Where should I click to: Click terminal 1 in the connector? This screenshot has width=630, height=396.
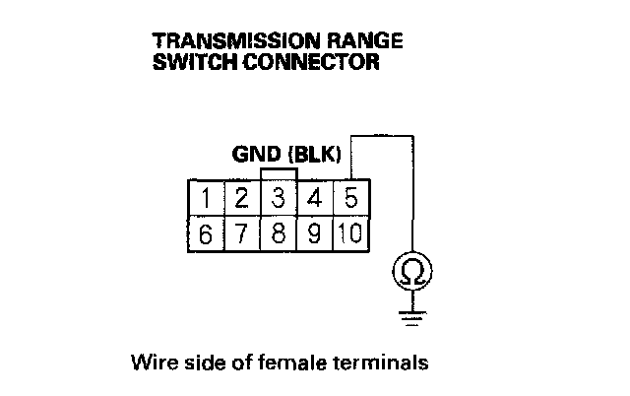coord(206,198)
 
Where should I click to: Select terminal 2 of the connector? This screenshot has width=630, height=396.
coord(241,198)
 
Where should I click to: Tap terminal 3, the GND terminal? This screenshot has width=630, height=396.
coord(280,198)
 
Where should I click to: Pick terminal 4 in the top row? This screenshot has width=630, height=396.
coord(316,198)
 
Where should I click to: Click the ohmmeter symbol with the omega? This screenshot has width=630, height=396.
coord(413,269)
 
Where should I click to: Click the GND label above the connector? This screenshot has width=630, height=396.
coord(254,155)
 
